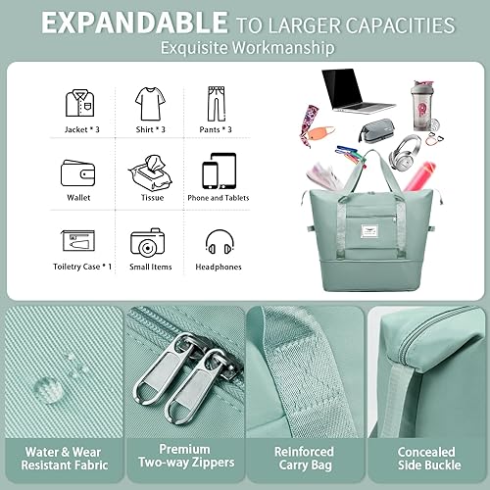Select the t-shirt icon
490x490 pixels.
point(146,103)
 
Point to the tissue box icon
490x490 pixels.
point(146,172)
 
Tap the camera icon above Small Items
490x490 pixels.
point(146,242)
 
